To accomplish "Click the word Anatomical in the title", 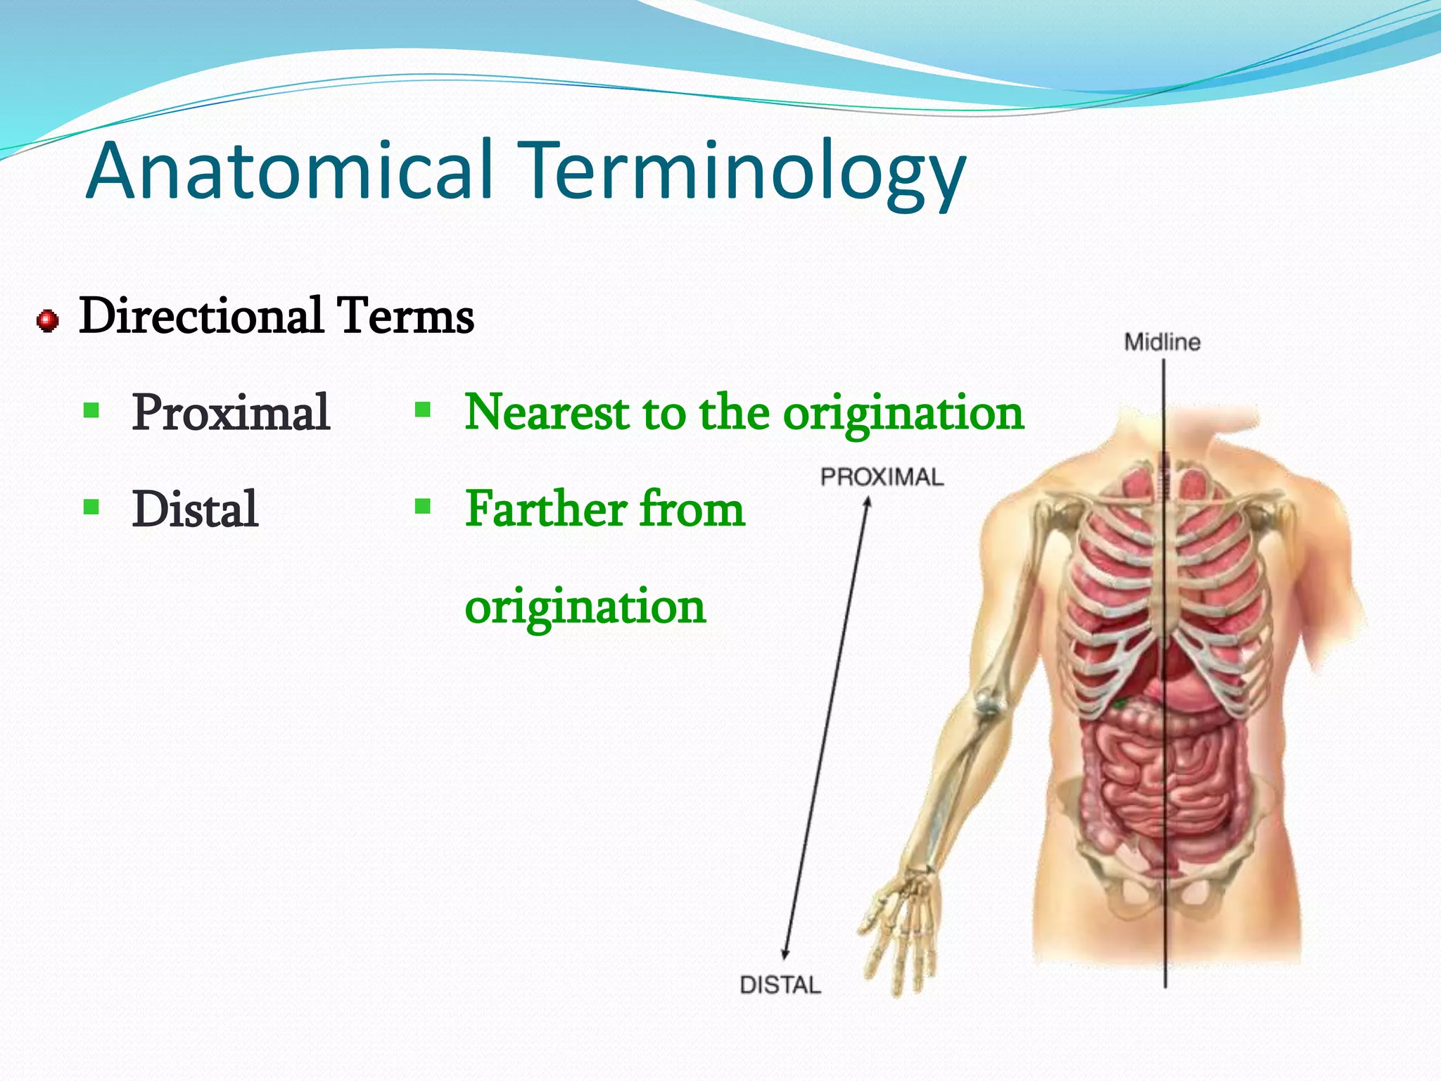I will [x=288, y=171].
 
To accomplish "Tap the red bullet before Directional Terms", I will [x=47, y=321].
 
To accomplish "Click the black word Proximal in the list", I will [x=231, y=412].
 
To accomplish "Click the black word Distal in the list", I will [x=195, y=510].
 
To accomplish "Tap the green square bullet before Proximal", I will [x=91, y=410].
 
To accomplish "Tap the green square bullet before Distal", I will [x=91, y=507].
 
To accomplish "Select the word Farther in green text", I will [x=546, y=509].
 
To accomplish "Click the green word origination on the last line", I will [x=585, y=607].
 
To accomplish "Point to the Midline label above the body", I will [x=1162, y=343].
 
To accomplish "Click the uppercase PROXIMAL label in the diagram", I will [x=881, y=477].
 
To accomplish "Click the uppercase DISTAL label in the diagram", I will [x=780, y=985].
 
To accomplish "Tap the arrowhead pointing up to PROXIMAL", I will [x=868, y=502].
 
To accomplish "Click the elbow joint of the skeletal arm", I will [x=988, y=703].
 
